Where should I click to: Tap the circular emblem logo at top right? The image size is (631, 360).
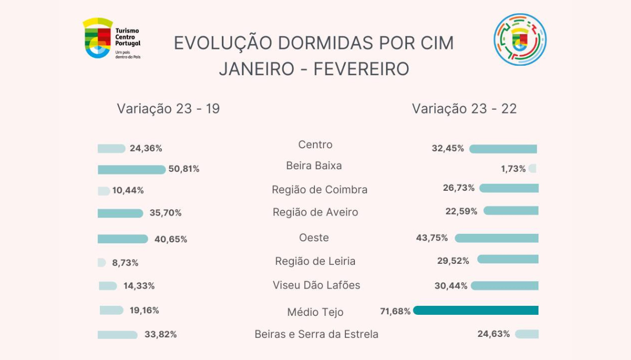[x=520, y=39]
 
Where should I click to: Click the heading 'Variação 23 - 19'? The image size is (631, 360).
[x=168, y=109]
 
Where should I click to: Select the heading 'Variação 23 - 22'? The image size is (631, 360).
[x=464, y=109]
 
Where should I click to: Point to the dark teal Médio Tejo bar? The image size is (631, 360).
[x=476, y=311]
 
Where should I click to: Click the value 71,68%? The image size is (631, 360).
[x=395, y=311]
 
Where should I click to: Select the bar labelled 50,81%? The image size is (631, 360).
[x=131, y=169]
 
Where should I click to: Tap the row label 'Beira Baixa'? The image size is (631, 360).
[x=314, y=166]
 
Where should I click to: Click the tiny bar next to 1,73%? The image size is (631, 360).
[x=533, y=169]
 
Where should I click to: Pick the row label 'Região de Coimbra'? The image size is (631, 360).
[x=319, y=190]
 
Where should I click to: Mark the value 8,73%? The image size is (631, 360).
[x=125, y=262]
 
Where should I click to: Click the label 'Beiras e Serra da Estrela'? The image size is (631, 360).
[x=316, y=334]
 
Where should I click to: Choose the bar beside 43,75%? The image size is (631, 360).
[x=496, y=238]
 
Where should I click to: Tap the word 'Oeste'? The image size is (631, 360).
[x=314, y=238]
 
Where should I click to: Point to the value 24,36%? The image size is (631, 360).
[x=146, y=148]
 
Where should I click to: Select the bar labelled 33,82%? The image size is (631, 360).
[x=117, y=335]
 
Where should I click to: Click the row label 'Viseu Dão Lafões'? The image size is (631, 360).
[x=316, y=285]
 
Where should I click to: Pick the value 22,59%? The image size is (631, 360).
[x=461, y=211]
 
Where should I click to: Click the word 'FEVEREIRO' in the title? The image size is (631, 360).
[x=361, y=69]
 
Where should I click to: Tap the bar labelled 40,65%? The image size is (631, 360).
[x=123, y=239]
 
